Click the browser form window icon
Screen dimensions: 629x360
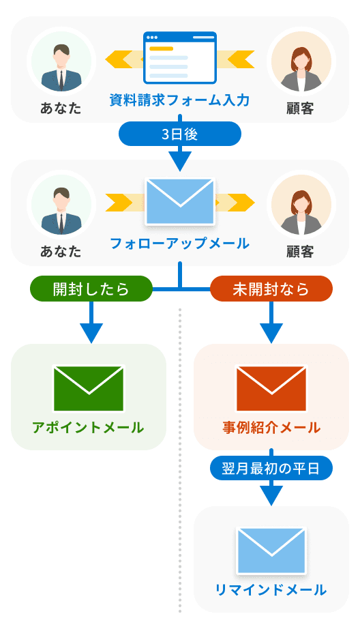click(x=180, y=58)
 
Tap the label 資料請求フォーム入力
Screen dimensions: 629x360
click(x=180, y=101)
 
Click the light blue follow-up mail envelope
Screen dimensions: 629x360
click(x=180, y=203)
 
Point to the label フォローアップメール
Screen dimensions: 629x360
click(x=180, y=244)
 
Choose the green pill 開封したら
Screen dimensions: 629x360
click(x=91, y=289)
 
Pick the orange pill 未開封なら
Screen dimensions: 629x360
click(x=271, y=289)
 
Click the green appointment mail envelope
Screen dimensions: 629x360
click(x=89, y=388)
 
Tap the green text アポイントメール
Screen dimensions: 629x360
click(x=89, y=428)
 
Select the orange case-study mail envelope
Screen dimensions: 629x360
click(x=271, y=388)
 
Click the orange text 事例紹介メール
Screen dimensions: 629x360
click(x=271, y=428)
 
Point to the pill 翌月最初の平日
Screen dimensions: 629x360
click(x=271, y=469)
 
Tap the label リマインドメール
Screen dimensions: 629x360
click(x=271, y=590)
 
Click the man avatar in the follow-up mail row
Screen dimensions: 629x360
click(x=61, y=205)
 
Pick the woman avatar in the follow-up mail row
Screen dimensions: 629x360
click(x=300, y=205)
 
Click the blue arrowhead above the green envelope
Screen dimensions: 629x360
click(x=91, y=333)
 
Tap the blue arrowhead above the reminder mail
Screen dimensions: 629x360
click(x=271, y=496)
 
